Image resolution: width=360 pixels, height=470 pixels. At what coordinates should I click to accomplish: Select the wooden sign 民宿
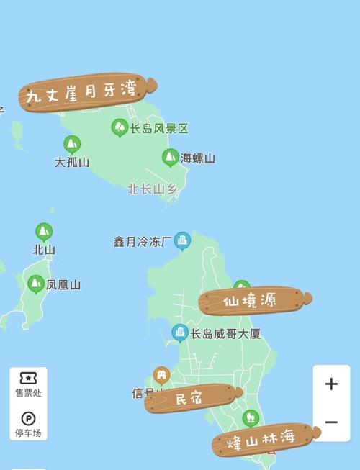[192, 398]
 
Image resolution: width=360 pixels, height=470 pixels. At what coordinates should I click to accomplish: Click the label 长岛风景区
[159, 129]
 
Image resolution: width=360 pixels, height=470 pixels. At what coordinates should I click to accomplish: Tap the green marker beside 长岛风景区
[120, 127]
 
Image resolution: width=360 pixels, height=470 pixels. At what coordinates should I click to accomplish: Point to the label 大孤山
[72, 162]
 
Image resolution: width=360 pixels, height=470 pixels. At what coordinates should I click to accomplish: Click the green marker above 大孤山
[72, 144]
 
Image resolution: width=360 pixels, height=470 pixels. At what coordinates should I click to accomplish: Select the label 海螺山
[197, 158]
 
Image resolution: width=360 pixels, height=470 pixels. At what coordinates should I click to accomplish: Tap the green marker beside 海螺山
[171, 157]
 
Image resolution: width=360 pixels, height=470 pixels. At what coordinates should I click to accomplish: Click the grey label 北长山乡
[152, 189]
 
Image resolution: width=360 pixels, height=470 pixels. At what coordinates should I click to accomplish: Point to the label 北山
[44, 250]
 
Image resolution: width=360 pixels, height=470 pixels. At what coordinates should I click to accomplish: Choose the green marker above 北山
[44, 232]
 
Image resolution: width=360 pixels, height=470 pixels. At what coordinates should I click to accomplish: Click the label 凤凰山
[63, 284]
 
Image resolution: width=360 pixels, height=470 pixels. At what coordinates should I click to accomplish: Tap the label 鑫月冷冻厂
[143, 241]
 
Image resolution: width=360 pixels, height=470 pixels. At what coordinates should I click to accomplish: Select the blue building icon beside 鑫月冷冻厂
[183, 240]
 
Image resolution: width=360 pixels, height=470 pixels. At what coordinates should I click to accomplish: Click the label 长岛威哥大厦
[225, 334]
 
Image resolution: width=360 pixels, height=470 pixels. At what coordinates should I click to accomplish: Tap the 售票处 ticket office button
[28, 384]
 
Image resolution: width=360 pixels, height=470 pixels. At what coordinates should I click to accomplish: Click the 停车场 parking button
[28, 424]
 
